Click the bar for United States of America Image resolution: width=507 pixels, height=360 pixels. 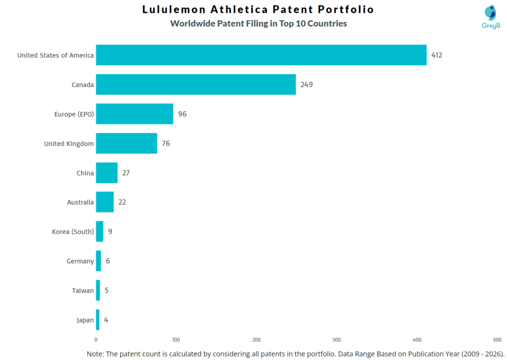pyautogui.click(x=261, y=55)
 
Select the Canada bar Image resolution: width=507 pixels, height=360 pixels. pyautogui.click(x=196, y=85)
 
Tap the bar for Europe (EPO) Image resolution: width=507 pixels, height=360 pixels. pyautogui.click(x=134, y=114)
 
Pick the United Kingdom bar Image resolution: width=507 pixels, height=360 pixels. pyautogui.click(x=126, y=144)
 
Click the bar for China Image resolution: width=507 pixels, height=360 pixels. pyautogui.click(x=106, y=173)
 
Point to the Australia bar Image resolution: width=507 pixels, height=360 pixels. pyautogui.click(x=104, y=202)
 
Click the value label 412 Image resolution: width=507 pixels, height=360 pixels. pyautogui.click(x=436, y=55)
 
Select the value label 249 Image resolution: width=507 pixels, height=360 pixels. pyautogui.click(x=306, y=85)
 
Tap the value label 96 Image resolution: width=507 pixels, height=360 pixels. pyautogui.click(x=182, y=114)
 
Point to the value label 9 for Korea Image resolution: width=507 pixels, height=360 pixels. pyautogui.click(x=110, y=231)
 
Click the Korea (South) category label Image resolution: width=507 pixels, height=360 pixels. pyautogui.click(x=73, y=232)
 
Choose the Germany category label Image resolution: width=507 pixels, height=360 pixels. pyautogui.click(x=80, y=261)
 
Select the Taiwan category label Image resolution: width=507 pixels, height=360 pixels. pyautogui.click(x=83, y=291)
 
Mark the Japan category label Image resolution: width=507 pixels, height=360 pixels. pyautogui.click(x=85, y=320)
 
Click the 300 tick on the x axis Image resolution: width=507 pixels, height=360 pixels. pyautogui.click(x=337, y=340)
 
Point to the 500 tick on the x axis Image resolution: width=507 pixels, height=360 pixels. pyautogui.click(x=497, y=340)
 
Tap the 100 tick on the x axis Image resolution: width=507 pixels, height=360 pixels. pyautogui.click(x=176, y=340)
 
